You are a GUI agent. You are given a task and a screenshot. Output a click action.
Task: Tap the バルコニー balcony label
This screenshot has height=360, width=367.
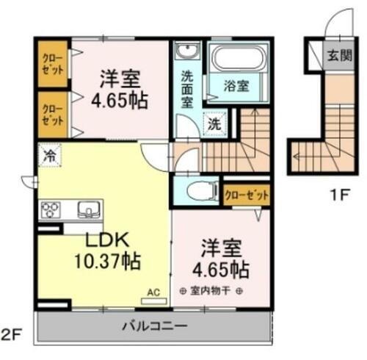tap(156, 325)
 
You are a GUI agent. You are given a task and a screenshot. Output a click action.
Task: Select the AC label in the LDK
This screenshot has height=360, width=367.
tap(153, 290)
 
